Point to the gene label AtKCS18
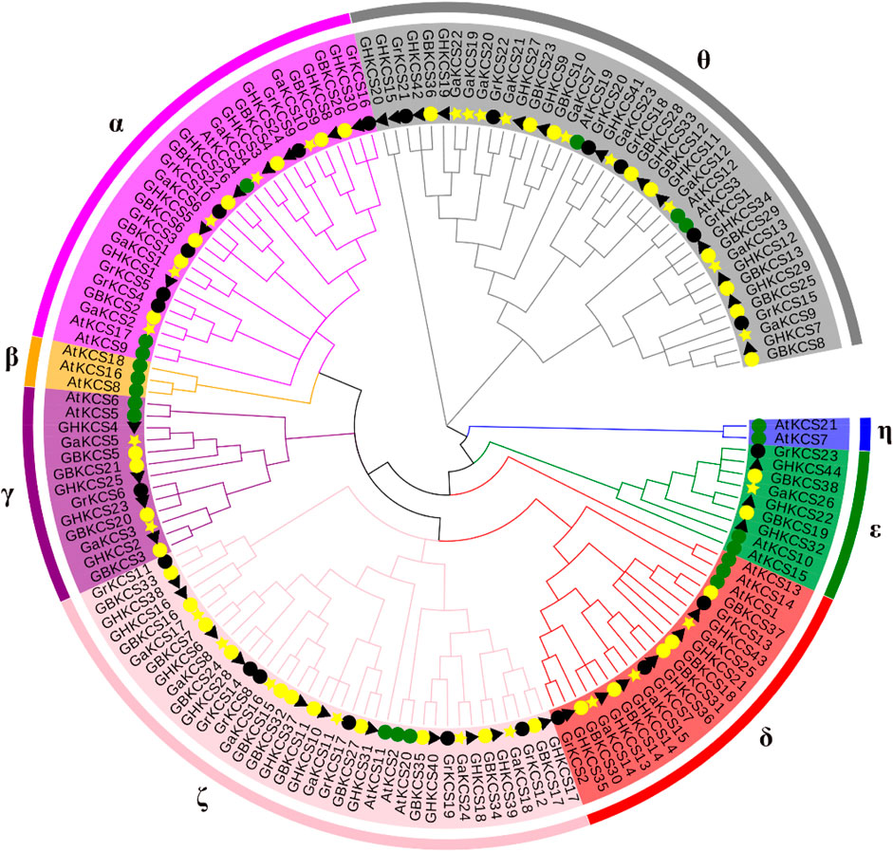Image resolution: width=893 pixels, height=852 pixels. click(92, 352)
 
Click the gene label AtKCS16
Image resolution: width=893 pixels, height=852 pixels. click(90, 367)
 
